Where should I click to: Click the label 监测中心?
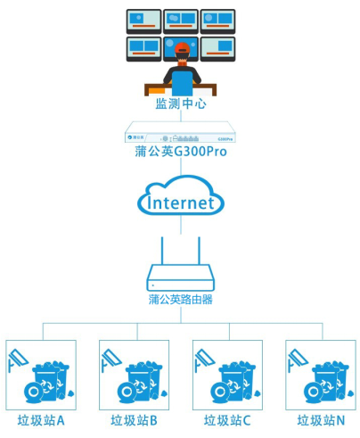pos(180,104)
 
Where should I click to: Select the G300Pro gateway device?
pos(180,136)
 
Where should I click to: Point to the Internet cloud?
pos(180,201)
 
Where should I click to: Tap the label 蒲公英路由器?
pos(180,300)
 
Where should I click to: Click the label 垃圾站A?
pos(42,420)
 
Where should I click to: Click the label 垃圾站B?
pos(135,420)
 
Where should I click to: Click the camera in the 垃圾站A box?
pos(19,360)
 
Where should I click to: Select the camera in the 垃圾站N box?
pos(298,360)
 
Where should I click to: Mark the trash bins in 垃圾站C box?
pos(234,380)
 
